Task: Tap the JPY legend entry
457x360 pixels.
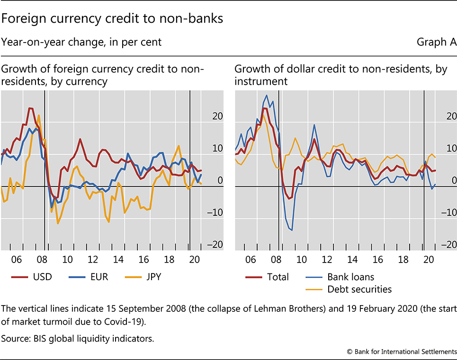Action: tap(152, 277)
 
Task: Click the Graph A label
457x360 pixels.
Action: tap(436, 42)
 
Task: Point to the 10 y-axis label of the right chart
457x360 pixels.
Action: tap(451, 148)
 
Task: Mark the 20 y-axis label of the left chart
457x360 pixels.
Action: tap(217, 116)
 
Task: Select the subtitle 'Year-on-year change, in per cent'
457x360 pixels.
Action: tap(81, 42)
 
